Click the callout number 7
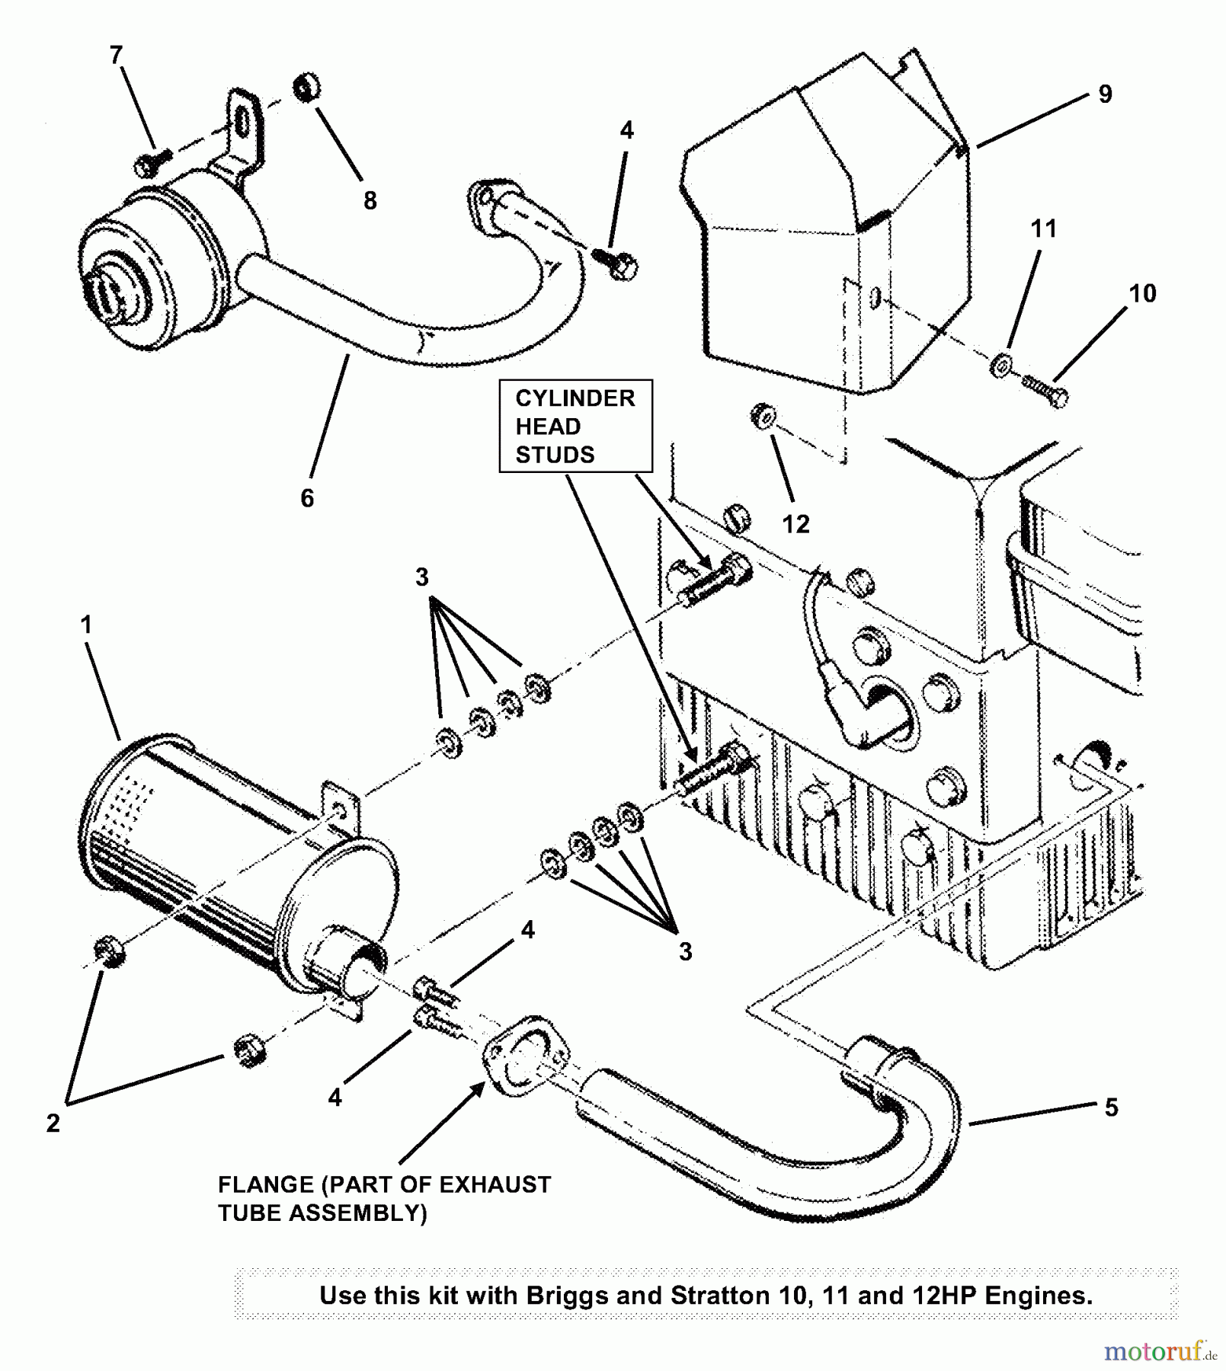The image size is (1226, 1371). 116,55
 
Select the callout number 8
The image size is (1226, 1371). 370,200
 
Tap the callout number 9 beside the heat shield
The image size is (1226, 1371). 1105,94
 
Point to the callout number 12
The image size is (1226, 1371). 795,523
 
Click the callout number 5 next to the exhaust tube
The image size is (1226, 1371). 1111,1107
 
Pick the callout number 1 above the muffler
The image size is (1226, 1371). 86,625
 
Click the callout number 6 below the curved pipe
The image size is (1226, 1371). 306,498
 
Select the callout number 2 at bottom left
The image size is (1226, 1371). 53,1123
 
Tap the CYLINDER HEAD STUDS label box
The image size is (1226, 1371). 575,426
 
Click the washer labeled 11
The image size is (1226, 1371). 999,365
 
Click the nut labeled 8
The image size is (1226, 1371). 308,88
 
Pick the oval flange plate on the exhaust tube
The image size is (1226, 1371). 525,1056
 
